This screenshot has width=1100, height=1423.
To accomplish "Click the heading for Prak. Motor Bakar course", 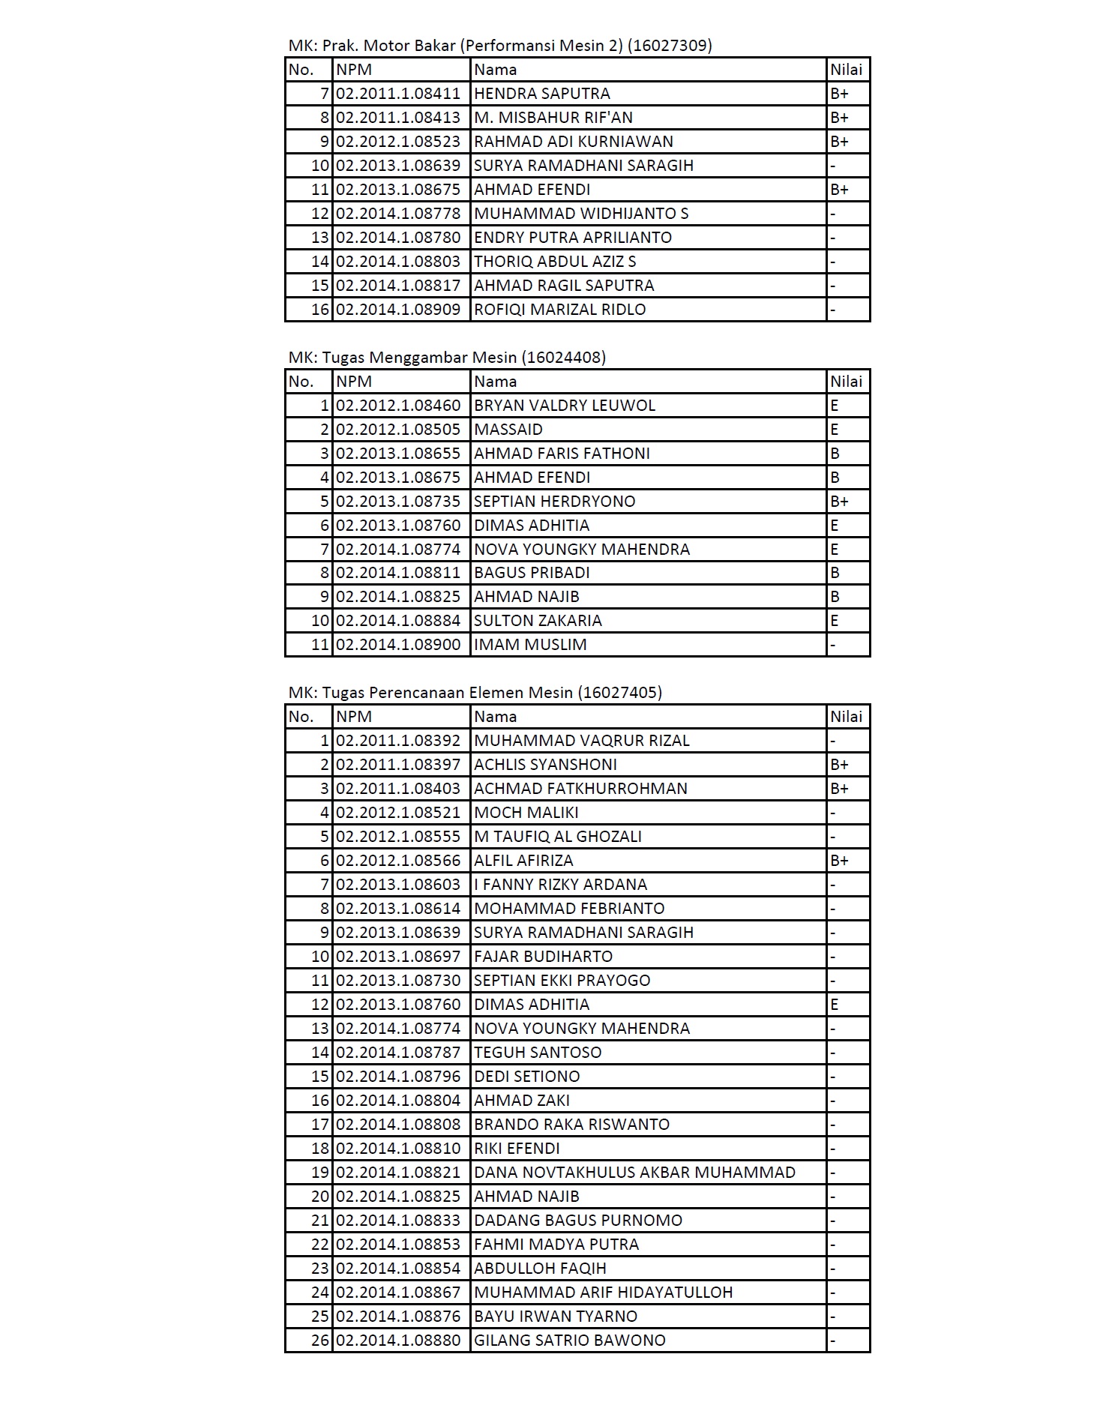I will [x=500, y=46].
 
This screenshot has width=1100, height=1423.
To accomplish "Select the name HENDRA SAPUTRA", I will [x=542, y=94].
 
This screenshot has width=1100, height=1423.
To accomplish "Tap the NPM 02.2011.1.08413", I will [x=398, y=118].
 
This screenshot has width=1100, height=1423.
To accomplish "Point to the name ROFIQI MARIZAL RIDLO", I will [x=559, y=310].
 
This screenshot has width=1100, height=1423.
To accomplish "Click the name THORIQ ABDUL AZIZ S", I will [x=555, y=262].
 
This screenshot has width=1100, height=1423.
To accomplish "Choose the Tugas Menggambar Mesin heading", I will [x=447, y=358].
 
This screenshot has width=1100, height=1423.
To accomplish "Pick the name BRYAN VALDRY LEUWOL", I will [x=565, y=406].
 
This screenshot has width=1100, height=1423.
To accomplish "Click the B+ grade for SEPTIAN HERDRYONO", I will [x=840, y=502].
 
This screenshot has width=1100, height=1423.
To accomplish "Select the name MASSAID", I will [x=508, y=430].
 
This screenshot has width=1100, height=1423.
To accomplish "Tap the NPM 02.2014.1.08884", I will [x=398, y=621].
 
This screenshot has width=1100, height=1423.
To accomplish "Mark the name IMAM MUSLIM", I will [x=530, y=645].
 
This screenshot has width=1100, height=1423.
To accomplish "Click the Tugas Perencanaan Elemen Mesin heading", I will [x=475, y=693].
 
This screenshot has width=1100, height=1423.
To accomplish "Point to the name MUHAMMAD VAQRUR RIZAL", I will [x=582, y=741].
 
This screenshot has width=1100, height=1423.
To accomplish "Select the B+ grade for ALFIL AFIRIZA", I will [x=840, y=861].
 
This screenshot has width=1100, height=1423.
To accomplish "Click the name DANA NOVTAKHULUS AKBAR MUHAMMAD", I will [x=634, y=1173].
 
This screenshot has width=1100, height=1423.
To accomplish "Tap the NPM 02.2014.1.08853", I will [x=398, y=1245].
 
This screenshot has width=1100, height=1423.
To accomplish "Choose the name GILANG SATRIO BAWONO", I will [x=570, y=1341].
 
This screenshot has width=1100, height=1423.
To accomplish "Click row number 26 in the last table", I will [x=320, y=1341].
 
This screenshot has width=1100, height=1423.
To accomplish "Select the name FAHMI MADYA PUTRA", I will [x=556, y=1245].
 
